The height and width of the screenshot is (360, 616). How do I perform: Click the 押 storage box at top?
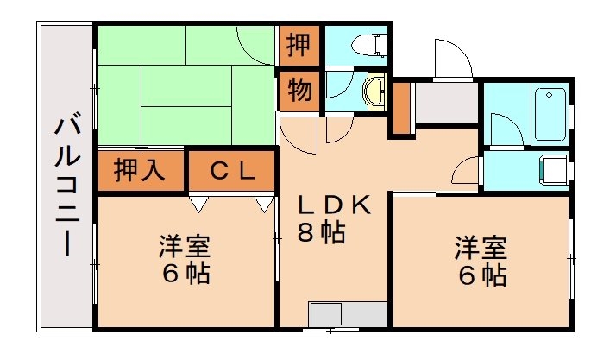pos(299,44)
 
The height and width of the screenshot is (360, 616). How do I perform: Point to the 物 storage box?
pos(299,91)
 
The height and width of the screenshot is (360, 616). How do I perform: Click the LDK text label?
pos(335,205)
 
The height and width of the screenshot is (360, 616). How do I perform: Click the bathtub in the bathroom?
pos(551,114)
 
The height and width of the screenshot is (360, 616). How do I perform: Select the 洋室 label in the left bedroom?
pos(185,247)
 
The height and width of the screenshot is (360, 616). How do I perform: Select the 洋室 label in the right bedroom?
pos(481,247)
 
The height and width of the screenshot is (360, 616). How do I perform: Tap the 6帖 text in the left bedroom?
pos(185,275)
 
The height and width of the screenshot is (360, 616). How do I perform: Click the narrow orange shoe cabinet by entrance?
pos(400,109)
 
